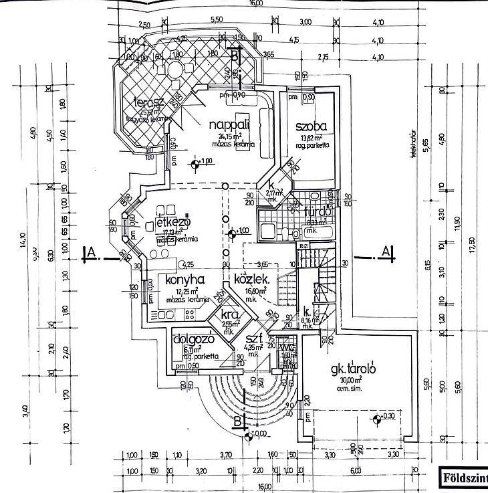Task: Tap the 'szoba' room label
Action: (311, 126)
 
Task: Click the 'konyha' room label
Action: (177, 280)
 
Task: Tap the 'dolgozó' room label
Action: (193, 338)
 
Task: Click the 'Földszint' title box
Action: (463, 478)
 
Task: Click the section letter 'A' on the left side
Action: (86, 252)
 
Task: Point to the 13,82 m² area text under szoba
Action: (311, 137)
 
